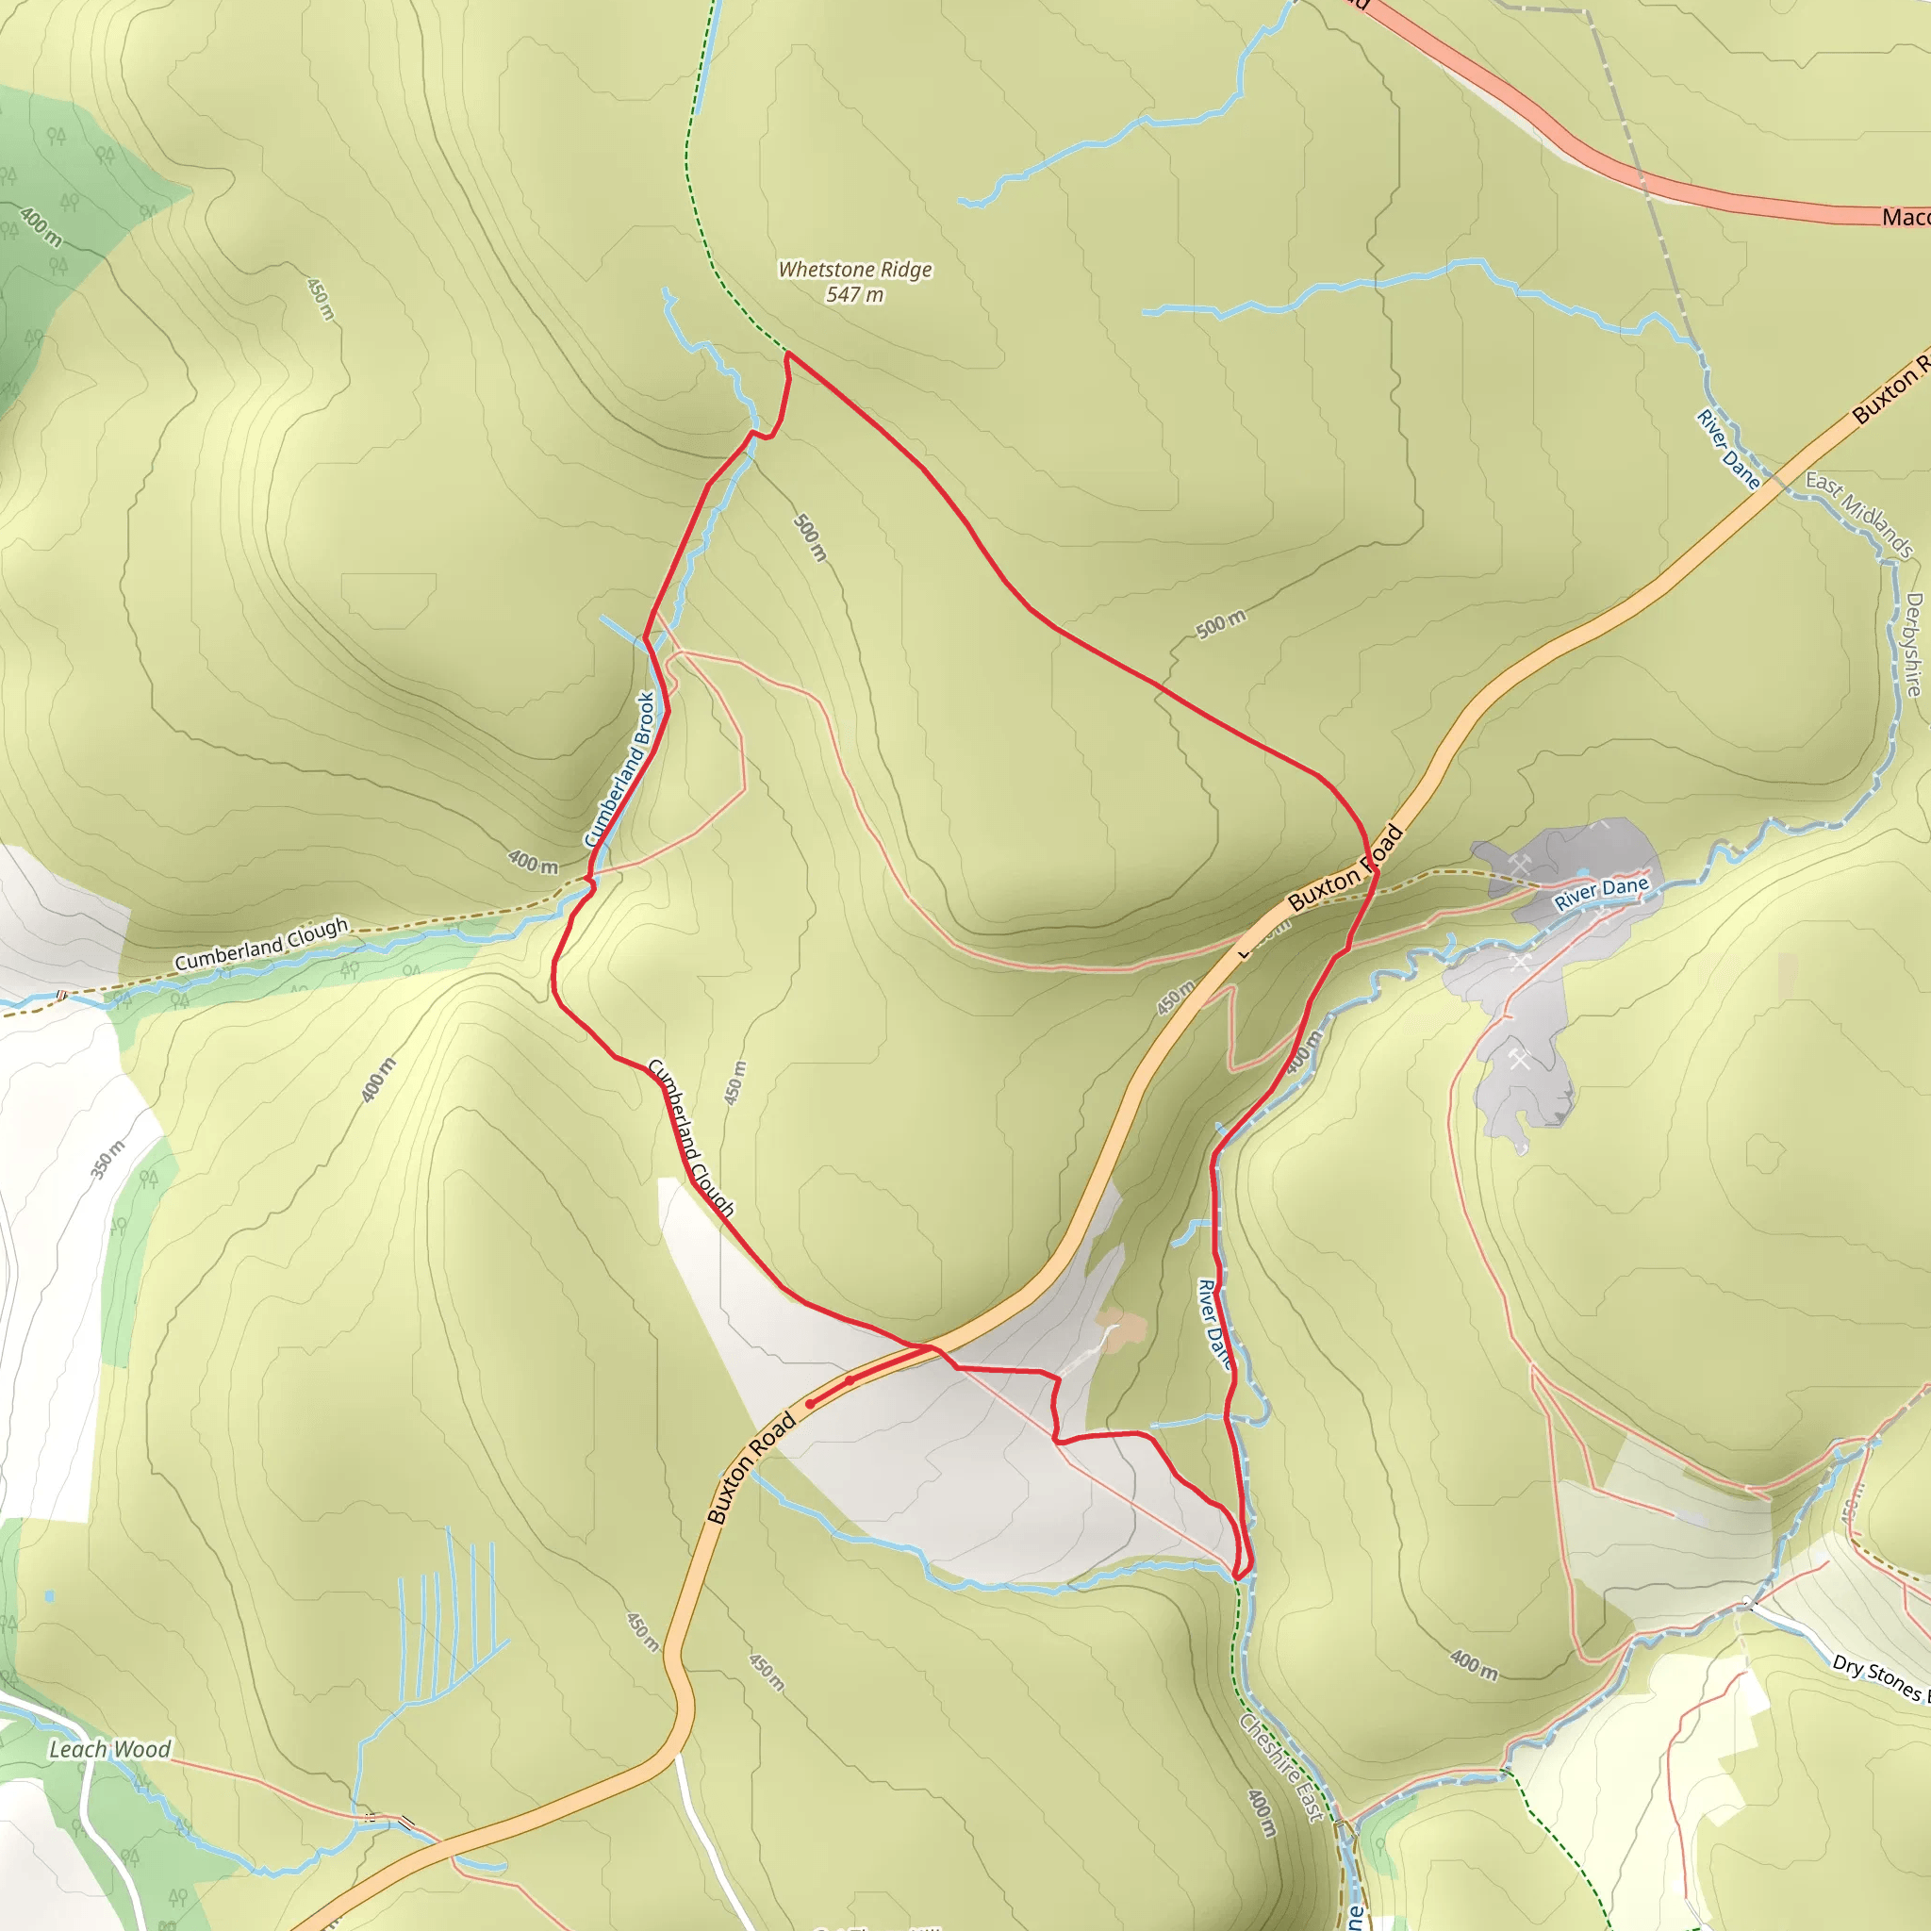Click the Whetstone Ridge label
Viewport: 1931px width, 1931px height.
coord(854,270)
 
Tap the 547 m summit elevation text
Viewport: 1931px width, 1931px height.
coord(854,295)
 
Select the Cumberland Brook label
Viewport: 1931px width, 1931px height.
coord(619,769)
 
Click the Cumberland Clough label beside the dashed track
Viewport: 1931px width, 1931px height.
coord(262,945)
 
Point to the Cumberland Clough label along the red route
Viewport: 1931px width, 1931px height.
coord(692,1137)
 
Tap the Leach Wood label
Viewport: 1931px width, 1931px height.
coord(110,1749)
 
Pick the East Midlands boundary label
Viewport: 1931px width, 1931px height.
coord(1859,515)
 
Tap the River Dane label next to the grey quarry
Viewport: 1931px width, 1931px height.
coord(1600,893)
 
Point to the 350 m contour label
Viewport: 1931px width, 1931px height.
coord(107,1160)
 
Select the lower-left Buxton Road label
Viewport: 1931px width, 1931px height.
coord(751,1467)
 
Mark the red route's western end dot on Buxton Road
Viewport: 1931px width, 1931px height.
coord(810,1404)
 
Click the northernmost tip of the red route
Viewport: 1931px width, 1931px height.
coord(788,353)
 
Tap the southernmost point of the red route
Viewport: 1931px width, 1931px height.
coord(1239,1578)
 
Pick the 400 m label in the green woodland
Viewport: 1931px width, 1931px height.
coord(41,227)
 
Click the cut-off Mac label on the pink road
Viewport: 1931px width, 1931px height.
coord(1904,217)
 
